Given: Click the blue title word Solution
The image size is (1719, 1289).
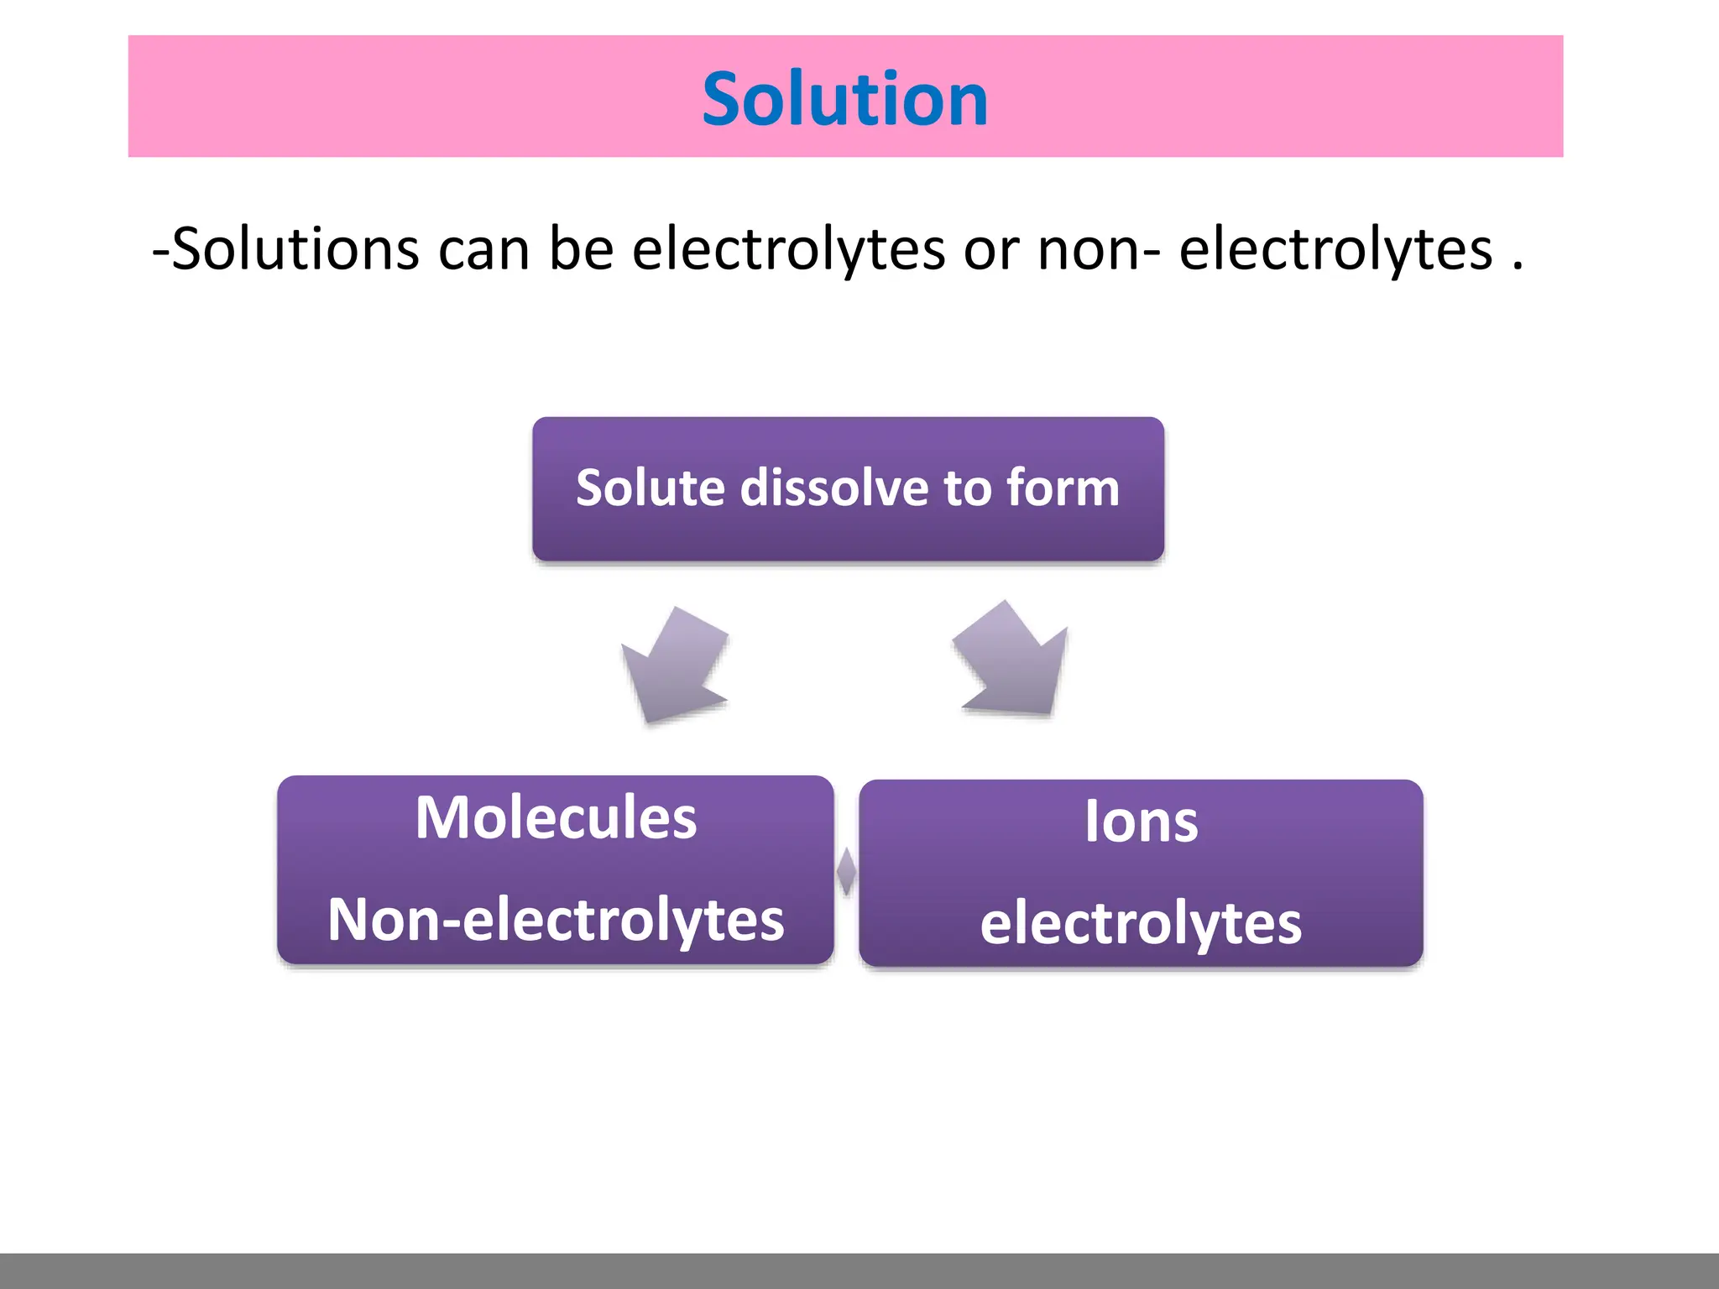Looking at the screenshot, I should click(844, 99).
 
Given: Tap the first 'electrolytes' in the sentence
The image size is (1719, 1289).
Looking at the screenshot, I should click(788, 249).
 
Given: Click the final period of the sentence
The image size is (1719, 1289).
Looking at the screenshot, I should click(1517, 266).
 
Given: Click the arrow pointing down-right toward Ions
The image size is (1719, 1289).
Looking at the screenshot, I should click(1012, 660).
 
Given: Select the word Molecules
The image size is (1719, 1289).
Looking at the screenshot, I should click(556, 817).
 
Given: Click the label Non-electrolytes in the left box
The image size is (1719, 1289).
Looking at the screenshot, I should click(556, 920).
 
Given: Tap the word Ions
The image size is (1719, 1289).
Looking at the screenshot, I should click(1141, 821).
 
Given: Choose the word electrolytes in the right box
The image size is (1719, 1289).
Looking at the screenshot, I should click(1141, 923).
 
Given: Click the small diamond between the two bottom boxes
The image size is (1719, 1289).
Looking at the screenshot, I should click(846, 871).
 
